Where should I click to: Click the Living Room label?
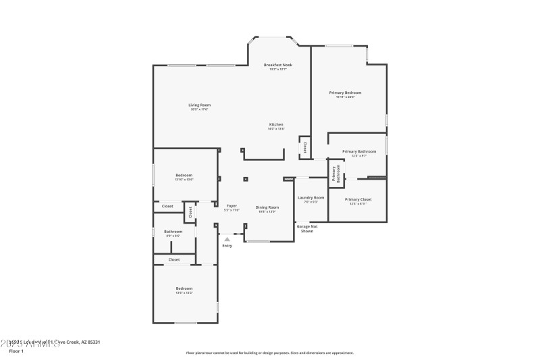(199, 105)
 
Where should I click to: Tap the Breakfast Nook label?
(277, 65)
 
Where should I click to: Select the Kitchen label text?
(276, 124)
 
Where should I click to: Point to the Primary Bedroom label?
(345, 93)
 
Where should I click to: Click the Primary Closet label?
(358, 199)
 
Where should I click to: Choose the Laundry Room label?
(310, 197)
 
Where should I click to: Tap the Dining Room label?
(267, 207)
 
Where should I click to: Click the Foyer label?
(232, 205)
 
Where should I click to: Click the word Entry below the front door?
(227, 245)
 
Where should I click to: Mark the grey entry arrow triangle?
(227, 238)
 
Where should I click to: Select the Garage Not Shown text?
(307, 228)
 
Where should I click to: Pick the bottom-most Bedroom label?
(184, 288)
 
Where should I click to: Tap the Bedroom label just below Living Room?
(184, 175)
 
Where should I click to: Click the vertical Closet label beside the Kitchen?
(304, 147)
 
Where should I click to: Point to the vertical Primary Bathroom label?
(334, 174)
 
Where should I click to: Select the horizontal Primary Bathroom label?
(358, 151)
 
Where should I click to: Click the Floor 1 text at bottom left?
(16, 351)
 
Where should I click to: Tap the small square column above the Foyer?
(245, 180)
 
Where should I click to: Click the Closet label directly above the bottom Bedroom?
(173, 259)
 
